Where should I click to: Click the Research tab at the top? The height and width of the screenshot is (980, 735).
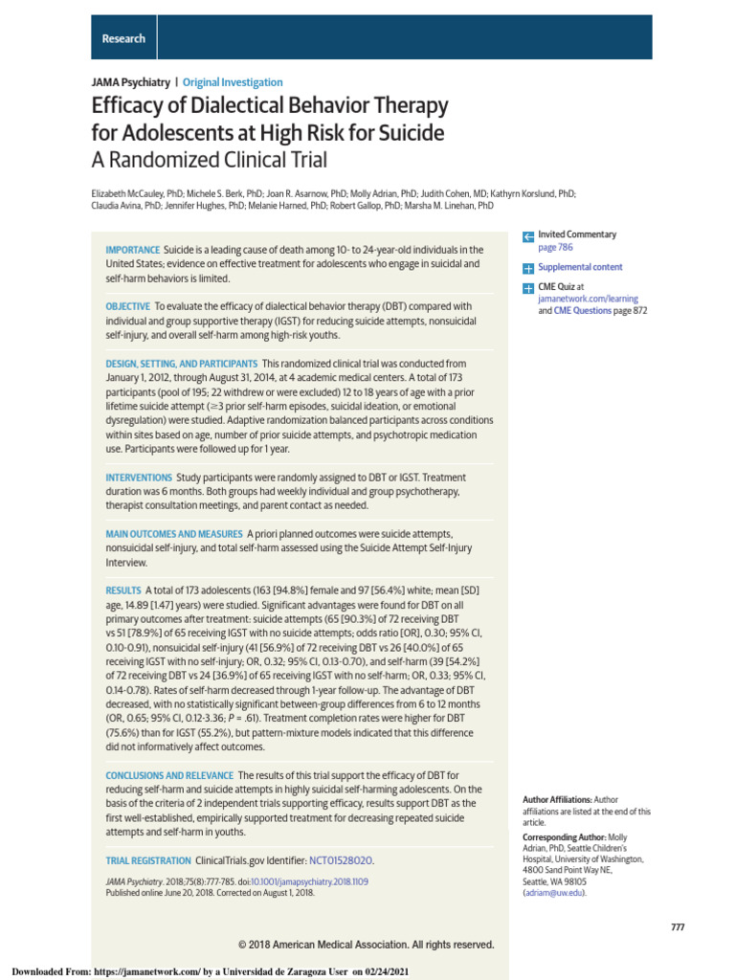(123, 38)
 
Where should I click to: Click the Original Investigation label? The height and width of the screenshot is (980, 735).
(233, 82)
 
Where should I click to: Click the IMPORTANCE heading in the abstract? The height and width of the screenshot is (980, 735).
(132, 250)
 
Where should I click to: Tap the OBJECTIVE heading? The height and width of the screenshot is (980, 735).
(127, 306)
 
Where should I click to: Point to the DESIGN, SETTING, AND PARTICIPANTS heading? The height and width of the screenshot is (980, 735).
(181, 364)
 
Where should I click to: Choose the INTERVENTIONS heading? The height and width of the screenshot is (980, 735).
(139, 477)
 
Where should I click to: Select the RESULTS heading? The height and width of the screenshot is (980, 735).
(123, 590)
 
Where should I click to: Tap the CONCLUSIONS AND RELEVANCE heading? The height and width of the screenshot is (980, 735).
(169, 775)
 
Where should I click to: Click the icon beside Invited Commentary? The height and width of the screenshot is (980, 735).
(527, 235)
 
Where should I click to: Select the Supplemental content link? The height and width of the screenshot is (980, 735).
(580, 267)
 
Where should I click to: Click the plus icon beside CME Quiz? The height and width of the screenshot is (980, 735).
(527, 287)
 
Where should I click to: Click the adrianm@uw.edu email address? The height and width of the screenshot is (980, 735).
(553, 892)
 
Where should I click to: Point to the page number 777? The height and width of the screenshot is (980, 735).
(677, 927)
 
